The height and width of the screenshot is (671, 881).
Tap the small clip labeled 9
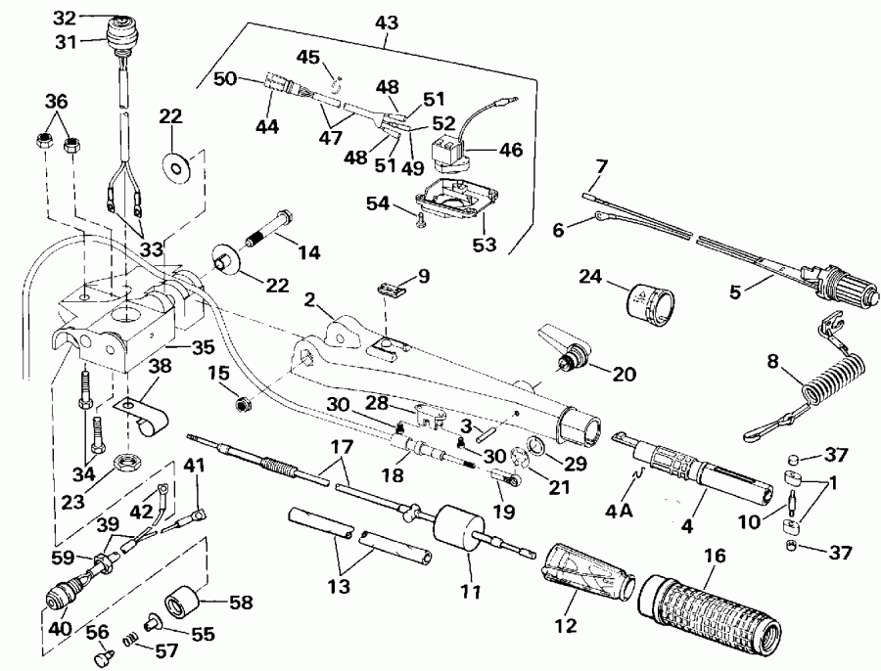tap(392, 291)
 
